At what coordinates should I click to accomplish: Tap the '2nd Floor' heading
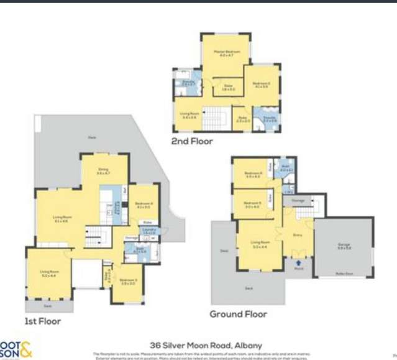pyautogui.click(x=192, y=142)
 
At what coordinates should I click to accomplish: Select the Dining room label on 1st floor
pyautogui.click(x=103, y=171)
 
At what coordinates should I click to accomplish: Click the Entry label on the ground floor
pyautogui.click(x=297, y=235)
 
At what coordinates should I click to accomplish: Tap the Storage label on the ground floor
pyautogui.click(x=298, y=201)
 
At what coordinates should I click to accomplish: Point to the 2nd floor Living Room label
pyautogui.click(x=188, y=114)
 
